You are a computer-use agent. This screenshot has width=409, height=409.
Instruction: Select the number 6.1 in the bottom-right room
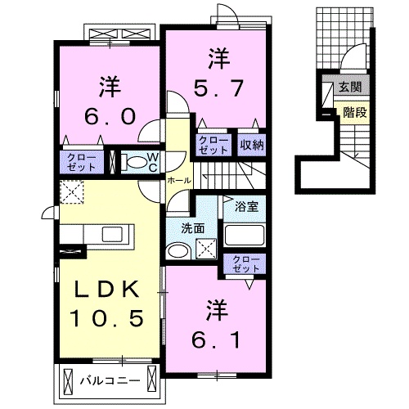point(217,336)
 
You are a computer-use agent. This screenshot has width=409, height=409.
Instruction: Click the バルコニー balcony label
point(109,380)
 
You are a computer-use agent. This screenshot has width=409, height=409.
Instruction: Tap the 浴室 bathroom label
point(245,207)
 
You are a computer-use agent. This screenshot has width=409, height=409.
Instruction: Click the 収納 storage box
point(251,145)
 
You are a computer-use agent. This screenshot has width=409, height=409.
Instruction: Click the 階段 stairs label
point(354,113)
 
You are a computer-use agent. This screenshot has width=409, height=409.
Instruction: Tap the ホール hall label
point(178,180)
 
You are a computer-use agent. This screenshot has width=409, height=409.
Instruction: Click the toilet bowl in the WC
point(133,162)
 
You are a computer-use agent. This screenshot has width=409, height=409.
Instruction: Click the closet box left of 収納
point(214,145)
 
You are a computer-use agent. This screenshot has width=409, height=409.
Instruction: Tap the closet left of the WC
point(84,161)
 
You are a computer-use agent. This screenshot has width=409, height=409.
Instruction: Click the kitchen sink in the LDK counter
point(112,236)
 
